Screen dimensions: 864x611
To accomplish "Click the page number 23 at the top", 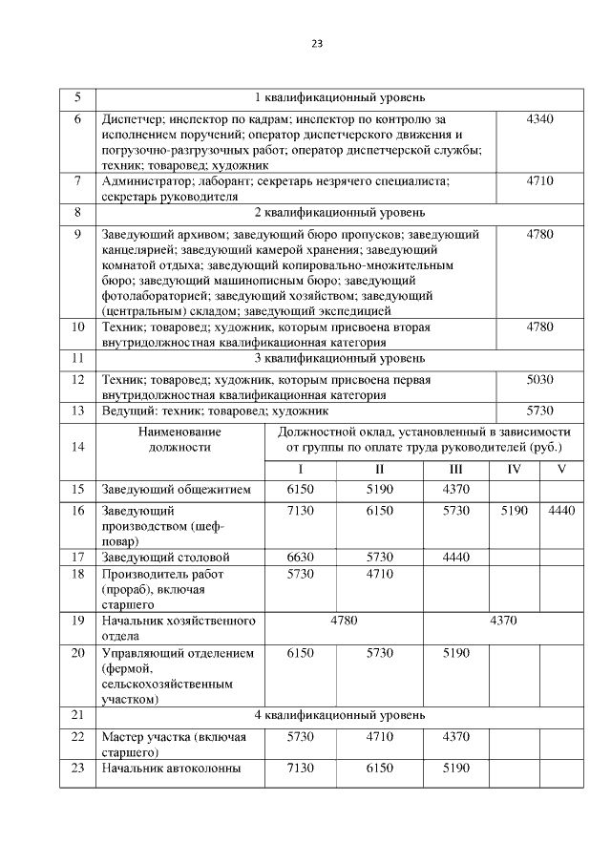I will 317,43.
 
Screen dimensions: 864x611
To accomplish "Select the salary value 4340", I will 539,118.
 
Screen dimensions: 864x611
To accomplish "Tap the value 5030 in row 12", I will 539,379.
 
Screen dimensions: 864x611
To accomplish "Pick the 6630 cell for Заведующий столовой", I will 301,557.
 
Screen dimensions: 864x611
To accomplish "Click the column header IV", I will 514,469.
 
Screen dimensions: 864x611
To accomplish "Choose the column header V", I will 561,469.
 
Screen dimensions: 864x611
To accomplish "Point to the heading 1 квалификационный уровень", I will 339,97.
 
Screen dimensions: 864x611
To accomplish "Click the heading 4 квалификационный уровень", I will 339,715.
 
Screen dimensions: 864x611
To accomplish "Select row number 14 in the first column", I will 77,446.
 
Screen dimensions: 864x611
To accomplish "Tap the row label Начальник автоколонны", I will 170,768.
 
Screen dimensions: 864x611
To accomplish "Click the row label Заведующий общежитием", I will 176,490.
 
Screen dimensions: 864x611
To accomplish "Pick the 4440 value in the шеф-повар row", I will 561,511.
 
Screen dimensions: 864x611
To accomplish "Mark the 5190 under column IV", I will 514,511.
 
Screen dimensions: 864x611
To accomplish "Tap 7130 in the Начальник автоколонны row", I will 301,768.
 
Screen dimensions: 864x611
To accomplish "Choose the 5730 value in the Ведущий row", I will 539,411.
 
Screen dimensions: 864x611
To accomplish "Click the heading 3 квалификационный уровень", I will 339,358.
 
